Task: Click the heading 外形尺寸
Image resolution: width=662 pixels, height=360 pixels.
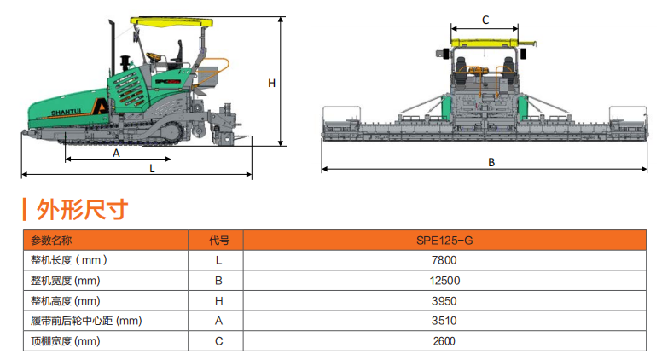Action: point(82,209)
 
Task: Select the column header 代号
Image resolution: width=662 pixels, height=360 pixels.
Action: point(219,241)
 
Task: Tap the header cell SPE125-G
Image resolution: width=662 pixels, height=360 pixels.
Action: point(444,241)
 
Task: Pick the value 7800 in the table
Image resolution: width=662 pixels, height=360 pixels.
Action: point(444,260)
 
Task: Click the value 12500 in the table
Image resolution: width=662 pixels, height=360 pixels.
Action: point(444,281)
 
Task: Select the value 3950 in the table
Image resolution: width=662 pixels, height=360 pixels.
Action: point(444,301)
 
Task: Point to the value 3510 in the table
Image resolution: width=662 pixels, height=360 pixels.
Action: point(444,321)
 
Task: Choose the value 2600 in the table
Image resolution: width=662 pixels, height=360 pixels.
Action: point(444,341)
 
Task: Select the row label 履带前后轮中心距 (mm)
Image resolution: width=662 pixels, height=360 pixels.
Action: point(85,321)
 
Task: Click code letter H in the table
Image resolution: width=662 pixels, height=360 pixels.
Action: point(219,301)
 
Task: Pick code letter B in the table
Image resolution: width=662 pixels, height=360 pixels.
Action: point(219,281)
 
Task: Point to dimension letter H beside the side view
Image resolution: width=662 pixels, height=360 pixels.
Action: point(271,83)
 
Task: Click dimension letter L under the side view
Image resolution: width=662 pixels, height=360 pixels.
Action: point(152,168)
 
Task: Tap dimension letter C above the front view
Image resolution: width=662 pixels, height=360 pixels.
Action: point(485,19)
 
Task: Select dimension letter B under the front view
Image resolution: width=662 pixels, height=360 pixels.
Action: point(491,161)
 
